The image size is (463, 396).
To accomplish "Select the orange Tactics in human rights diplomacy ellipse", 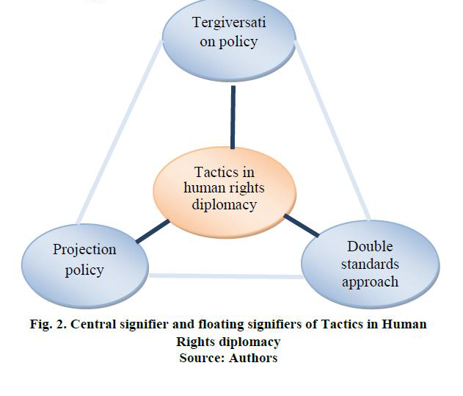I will point(224,188).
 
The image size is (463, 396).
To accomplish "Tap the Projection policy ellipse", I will point(84,260).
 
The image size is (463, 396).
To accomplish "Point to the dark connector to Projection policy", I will point(153,230).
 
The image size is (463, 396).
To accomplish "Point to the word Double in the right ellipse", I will point(370,246).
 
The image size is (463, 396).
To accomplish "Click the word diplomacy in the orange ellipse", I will point(224,204).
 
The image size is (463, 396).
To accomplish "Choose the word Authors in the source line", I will point(252,358).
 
